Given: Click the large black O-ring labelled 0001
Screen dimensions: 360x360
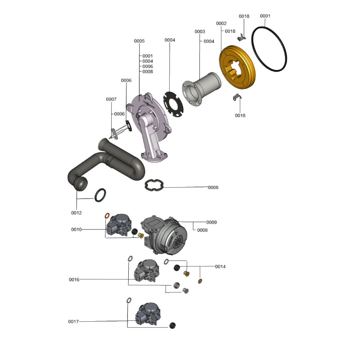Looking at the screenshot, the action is tap(269, 49).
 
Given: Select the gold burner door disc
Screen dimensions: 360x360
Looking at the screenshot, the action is tap(237, 67).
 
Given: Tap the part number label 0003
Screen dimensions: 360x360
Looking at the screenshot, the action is tap(200, 31).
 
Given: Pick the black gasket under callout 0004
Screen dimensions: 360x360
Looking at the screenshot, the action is tap(173, 104).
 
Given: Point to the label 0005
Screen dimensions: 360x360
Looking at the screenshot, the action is tap(139, 41).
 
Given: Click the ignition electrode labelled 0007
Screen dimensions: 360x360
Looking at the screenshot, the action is tap(120, 132).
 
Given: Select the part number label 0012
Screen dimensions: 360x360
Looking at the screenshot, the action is tap(76, 213).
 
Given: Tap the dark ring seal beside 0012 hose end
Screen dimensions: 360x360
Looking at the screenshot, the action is tap(100, 195).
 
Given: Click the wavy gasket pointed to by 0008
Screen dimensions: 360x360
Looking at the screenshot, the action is tap(154, 184).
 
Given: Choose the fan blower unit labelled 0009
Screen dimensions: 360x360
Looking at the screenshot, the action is tap(164, 235).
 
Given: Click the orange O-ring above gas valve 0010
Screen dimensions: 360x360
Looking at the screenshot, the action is tap(107, 216).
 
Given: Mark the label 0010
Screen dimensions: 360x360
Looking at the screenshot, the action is tap(76, 229).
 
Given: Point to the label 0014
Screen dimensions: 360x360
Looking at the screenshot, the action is tap(220, 266).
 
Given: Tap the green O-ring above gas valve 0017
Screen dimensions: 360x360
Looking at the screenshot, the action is tap(129, 300).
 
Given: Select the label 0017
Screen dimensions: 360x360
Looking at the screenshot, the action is tap(73, 321).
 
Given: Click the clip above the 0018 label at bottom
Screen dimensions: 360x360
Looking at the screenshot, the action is tap(237, 97).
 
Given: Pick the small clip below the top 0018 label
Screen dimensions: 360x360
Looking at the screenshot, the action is tap(241, 37).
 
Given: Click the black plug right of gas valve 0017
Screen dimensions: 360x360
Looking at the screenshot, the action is tap(172, 325).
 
